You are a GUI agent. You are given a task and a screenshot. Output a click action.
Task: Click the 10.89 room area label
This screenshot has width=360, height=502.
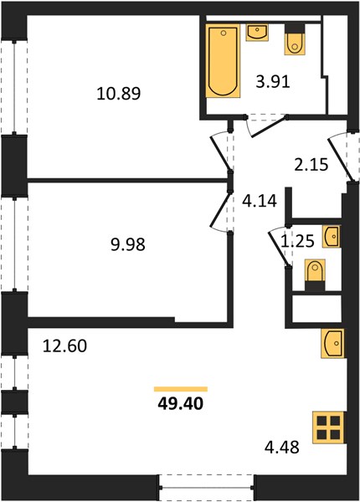(119, 94)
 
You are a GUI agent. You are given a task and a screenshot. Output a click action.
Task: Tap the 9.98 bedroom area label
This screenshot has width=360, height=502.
(127, 245)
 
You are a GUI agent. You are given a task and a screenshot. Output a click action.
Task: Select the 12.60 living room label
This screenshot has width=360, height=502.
(64, 346)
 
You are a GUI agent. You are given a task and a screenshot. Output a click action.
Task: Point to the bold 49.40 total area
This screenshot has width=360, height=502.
(181, 404)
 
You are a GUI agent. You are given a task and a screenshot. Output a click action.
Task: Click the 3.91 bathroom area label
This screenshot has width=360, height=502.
(273, 82)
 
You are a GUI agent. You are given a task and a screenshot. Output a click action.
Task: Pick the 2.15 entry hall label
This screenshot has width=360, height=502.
(311, 165)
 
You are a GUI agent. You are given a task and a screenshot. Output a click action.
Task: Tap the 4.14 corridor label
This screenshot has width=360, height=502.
(259, 202)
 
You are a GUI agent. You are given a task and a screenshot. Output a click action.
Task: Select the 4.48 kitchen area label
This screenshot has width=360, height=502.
(282, 448)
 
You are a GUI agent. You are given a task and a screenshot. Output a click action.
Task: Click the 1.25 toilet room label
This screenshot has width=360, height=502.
(297, 241)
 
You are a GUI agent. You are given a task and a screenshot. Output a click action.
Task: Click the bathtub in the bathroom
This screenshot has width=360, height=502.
(223, 61)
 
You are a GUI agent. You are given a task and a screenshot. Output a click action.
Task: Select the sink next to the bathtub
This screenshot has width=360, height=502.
(257, 33)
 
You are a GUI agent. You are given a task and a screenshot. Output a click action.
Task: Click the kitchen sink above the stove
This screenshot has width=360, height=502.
(332, 343)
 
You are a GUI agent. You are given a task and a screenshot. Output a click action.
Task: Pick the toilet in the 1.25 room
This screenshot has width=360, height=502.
(315, 274)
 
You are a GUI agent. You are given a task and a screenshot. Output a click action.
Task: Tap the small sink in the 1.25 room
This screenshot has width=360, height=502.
(332, 237)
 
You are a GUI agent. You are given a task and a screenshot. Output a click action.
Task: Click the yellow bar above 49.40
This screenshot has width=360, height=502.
(181, 389)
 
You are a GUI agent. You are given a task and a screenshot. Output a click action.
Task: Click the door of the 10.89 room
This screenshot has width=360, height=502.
(220, 153)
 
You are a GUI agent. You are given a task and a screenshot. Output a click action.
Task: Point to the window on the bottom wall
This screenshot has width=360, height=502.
(207, 487)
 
